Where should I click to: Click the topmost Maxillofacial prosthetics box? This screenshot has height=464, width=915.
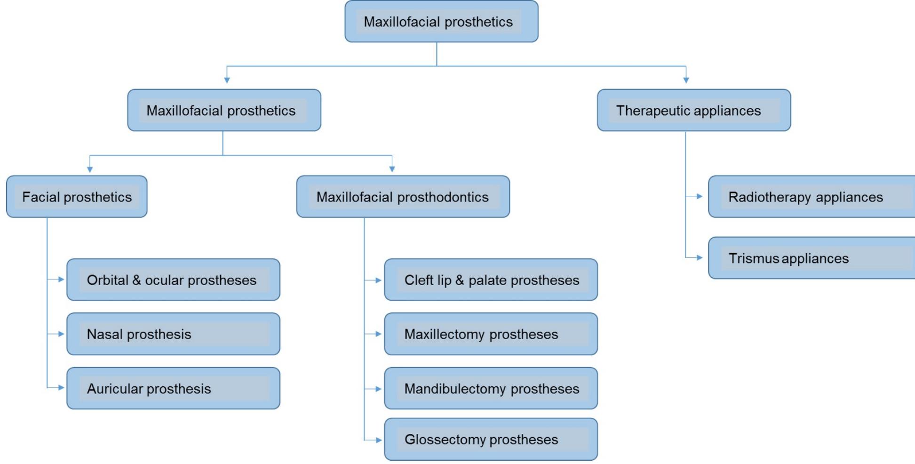pyautogui.click(x=441, y=22)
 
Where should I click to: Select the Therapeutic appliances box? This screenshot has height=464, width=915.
pyautogui.click(x=694, y=111)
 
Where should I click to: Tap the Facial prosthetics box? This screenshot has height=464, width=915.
pyautogui.click(x=77, y=197)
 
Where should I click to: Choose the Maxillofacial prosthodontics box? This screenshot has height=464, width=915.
pyautogui.click(x=403, y=197)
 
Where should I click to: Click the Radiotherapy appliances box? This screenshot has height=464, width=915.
pyautogui.click(x=812, y=197)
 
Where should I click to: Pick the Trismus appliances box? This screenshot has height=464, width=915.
pyautogui.click(x=812, y=258)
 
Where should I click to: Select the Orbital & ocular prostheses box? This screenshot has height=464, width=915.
pyautogui.click(x=173, y=280)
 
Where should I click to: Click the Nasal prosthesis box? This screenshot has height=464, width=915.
pyautogui.click(x=173, y=334)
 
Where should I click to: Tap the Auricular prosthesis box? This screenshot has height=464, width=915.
pyautogui.click(x=173, y=389)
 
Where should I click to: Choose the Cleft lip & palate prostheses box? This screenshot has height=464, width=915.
pyautogui.click(x=491, y=280)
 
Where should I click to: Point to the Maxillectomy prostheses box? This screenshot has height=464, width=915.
pyautogui.click(x=491, y=334)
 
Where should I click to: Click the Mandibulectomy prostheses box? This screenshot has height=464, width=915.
pyautogui.click(x=491, y=389)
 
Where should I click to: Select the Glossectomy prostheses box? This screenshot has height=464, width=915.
pyautogui.click(x=491, y=440)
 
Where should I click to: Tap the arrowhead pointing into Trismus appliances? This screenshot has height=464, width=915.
pyautogui.click(x=700, y=258)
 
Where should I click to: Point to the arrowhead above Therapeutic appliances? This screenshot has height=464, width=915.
pyautogui.click(x=686, y=80)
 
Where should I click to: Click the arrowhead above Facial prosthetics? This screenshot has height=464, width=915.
pyautogui.click(x=90, y=169)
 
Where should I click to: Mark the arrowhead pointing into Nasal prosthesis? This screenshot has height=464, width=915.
pyautogui.click(x=61, y=334)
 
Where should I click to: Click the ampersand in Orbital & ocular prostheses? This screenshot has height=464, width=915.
pyautogui.click(x=136, y=280)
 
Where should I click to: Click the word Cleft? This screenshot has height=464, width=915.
pyautogui.click(x=419, y=280)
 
